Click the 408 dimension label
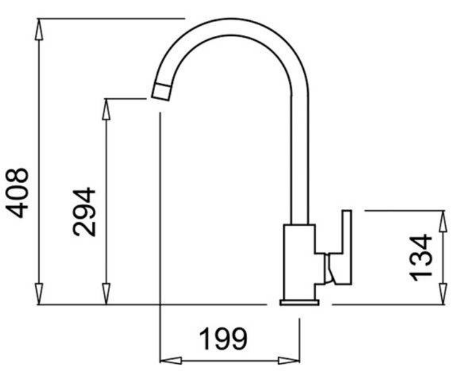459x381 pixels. coord(18,193)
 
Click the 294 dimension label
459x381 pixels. coord(84,212)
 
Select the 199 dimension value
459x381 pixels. coord(223,339)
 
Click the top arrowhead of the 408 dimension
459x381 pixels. coord(39,30)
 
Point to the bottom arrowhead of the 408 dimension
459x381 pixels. coord(39,294)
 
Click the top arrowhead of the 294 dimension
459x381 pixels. coord(106,109)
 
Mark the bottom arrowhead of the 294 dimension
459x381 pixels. coord(106,294)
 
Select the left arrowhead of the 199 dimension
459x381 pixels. coord(171,360)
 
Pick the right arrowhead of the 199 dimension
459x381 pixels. coord(289,360)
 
